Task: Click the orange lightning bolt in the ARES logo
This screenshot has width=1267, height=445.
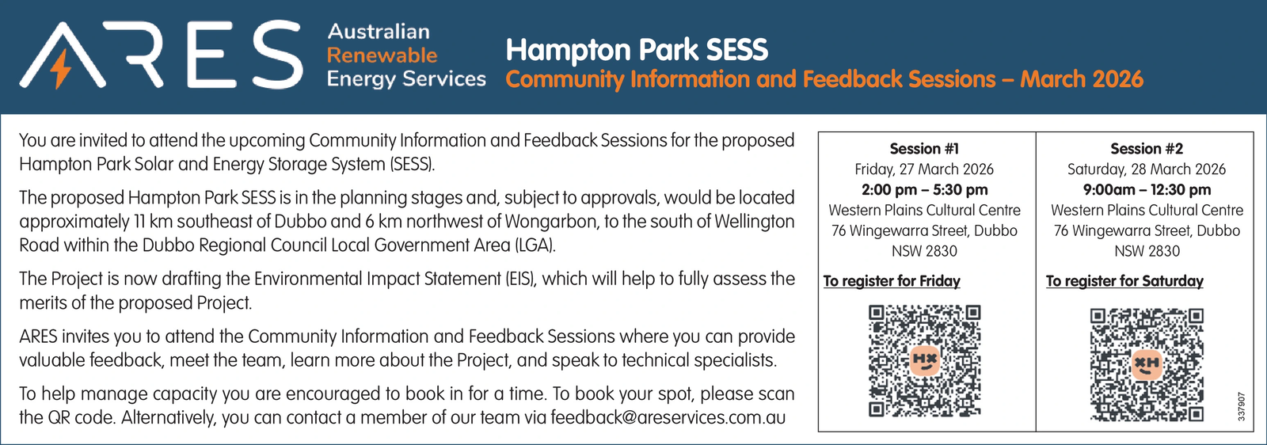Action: (60, 68)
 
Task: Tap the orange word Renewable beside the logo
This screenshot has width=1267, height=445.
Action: (382, 55)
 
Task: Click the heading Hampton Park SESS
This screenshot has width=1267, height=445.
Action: (637, 50)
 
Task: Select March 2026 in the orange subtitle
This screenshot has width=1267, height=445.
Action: (1082, 79)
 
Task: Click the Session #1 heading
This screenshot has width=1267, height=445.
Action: (924, 149)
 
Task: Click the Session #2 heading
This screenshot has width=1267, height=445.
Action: (1147, 149)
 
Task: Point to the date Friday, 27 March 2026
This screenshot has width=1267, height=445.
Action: (924, 169)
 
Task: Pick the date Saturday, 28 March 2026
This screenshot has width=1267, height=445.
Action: (1147, 169)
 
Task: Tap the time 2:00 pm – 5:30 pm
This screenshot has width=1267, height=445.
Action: (924, 189)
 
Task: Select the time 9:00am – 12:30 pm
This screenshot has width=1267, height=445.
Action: (1147, 189)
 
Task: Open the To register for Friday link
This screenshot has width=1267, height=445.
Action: (892, 281)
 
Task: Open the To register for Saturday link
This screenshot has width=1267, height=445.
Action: (1124, 281)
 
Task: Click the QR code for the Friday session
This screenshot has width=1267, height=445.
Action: (924, 361)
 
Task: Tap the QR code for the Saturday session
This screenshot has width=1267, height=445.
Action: (1147, 365)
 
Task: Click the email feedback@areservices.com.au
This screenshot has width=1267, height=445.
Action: (668, 417)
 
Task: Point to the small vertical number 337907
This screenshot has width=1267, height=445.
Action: (1242, 406)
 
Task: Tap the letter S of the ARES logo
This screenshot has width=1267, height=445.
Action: (277, 55)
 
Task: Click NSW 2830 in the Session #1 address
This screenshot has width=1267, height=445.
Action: (924, 251)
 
